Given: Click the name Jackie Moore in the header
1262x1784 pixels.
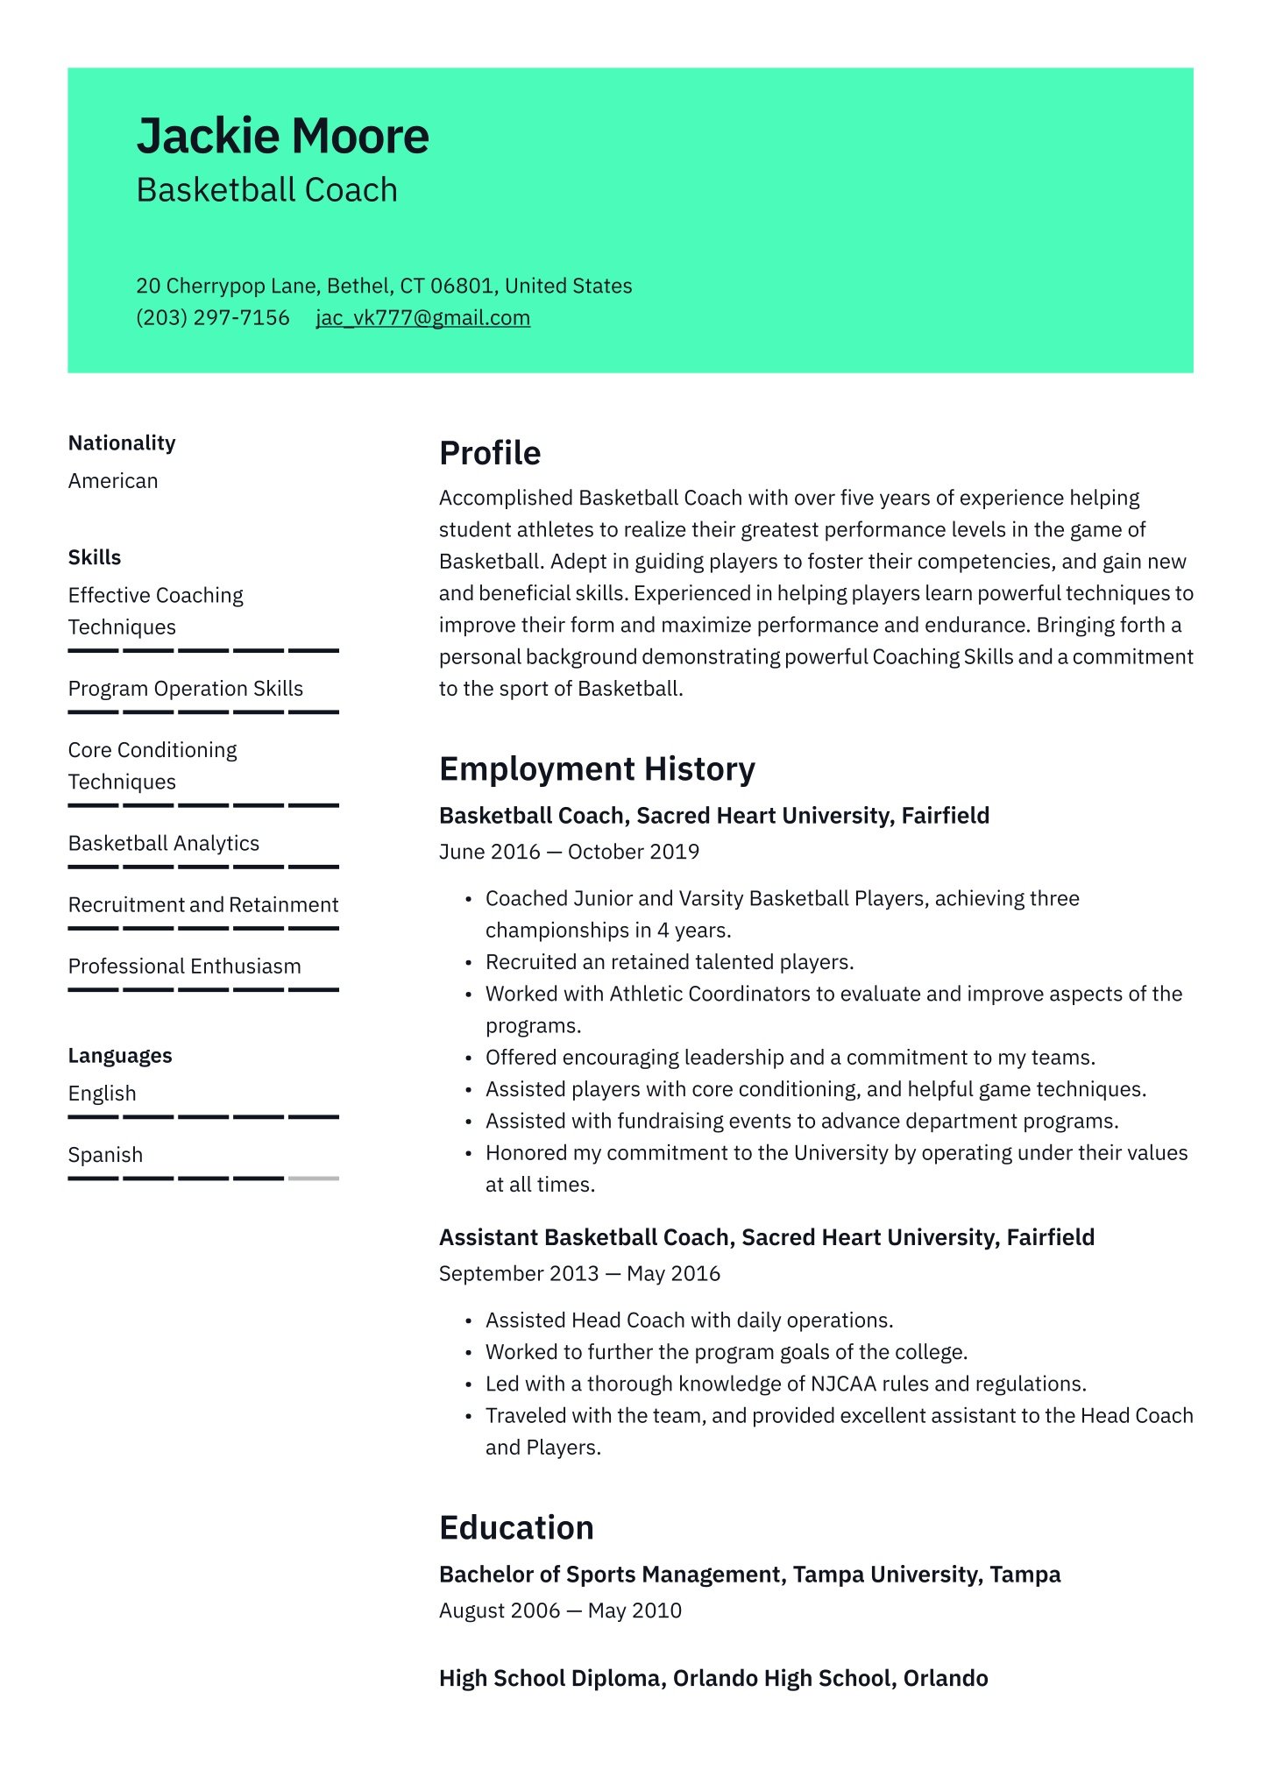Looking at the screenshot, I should click(282, 137).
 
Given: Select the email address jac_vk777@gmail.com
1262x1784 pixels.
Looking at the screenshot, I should click(422, 318).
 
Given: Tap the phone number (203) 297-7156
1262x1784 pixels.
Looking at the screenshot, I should click(212, 318).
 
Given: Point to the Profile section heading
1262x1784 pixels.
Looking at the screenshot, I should click(490, 454).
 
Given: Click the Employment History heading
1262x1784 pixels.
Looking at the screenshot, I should click(597, 769).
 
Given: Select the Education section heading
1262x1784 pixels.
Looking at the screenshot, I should click(516, 1528).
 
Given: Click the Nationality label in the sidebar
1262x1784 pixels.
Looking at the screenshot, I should click(122, 443).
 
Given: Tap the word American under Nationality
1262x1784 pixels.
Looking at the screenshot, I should click(113, 481).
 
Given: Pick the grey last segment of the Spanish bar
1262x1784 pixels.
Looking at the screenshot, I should click(313, 1179).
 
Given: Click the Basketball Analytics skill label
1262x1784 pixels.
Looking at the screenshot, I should click(164, 844).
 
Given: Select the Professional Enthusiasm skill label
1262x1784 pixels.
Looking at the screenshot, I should click(184, 966).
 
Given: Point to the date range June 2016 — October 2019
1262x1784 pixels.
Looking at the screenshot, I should click(569, 853).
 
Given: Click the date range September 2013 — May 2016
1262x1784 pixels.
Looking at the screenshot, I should click(579, 1274).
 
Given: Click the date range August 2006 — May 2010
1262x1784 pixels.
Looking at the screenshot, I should click(560, 1611).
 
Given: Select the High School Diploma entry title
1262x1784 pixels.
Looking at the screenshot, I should click(713, 1679).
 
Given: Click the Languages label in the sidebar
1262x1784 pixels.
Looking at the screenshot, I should click(120, 1056).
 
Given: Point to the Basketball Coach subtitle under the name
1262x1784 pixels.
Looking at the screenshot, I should click(266, 191).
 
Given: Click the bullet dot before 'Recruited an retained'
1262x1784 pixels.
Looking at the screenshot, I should click(469, 963).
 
